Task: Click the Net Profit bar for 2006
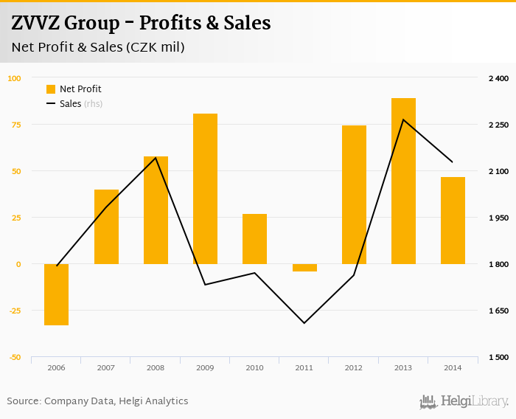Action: click(x=57, y=294)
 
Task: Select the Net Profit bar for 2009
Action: click(x=205, y=189)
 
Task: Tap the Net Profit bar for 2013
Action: click(x=403, y=181)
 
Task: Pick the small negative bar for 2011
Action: click(x=304, y=268)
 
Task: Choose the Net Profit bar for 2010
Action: click(x=254, y=239)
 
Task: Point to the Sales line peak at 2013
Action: click(x=403, y=120)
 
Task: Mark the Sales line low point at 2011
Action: click(x=304, y=323)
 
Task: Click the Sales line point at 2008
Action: click(x=156, y=157)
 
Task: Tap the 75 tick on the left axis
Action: click(x=14, y=125)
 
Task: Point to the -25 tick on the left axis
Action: click(x=14, y=311)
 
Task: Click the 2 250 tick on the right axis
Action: click(x=499, y=125)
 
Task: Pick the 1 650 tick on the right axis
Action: click(x=499, y=311)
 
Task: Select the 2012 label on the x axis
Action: click(x=354, y=367)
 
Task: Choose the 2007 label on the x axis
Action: click(x=106, y=367)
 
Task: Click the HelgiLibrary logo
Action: click(x=464, y=402)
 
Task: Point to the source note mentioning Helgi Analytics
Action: click(x=98, y=401)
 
